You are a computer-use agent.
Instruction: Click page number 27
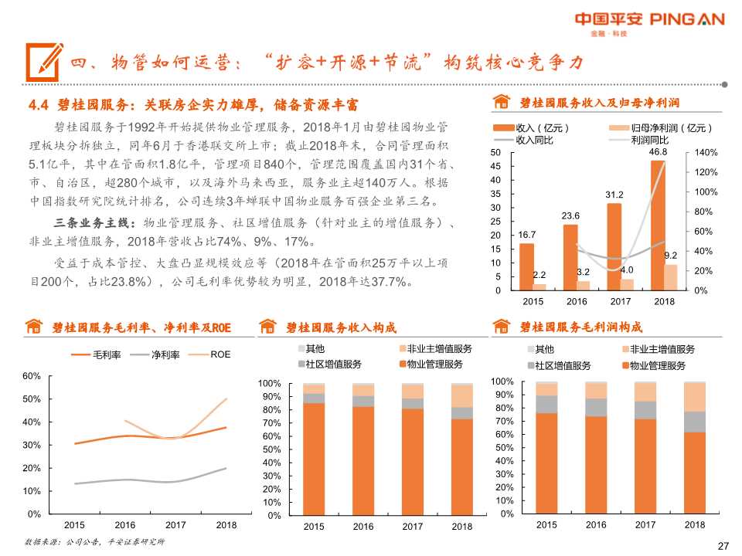point(723,546)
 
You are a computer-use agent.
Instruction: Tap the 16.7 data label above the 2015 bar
point(527,234)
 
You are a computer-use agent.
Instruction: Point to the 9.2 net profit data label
point(671,255)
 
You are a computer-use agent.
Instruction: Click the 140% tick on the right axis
point(706,153)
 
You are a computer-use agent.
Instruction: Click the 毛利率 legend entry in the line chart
point(104,355)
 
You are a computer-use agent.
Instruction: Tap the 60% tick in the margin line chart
point(31,376)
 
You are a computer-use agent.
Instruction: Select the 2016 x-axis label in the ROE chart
point(124,525)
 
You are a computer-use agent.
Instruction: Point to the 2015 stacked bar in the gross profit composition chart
point(546,447)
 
